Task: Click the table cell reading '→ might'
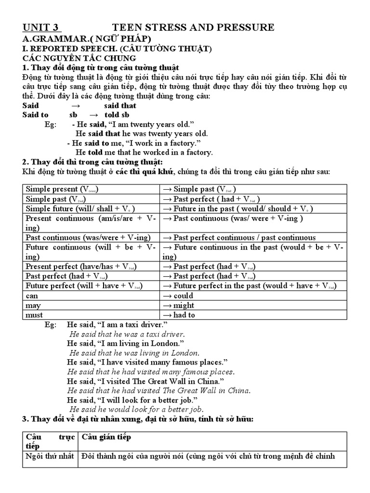(179, 305)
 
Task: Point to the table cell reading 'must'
(34, 315)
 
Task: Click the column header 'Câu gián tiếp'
(106, 437)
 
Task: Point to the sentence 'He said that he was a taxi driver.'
(127, 334)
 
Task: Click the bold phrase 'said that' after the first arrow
(120, 105)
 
